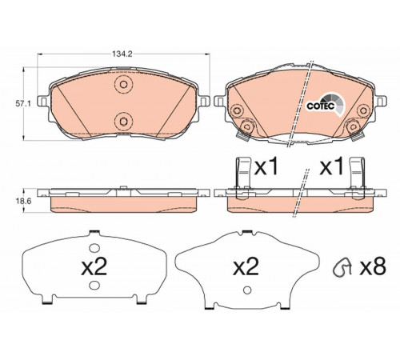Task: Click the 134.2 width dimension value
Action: pyautogui.click(x=122, y=54)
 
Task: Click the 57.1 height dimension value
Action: pyautogui.click(x=23, y=103)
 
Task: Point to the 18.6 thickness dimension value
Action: pyautogui.click(x=23, y=201)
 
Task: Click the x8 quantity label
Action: pyautogui.click(x=373, y=266)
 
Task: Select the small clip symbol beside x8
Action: pyautogui.click(x=342, y=266)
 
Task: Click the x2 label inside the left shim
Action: pyautogui.click(x=94, y=266)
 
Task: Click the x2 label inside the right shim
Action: pyautogui.click(x=246, y=266)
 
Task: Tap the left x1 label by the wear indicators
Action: pyautogui.click(x=266, y=167)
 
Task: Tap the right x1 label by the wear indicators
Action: pyautogui.click(x=331, y=167)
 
